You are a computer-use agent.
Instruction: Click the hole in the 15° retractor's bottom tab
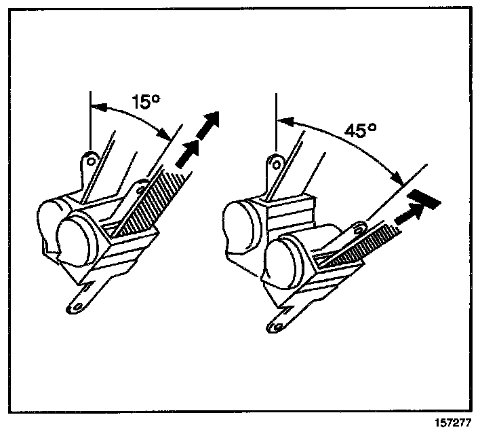[x=77, y=306]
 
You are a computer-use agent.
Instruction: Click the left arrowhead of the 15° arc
[x=96, y=105]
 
